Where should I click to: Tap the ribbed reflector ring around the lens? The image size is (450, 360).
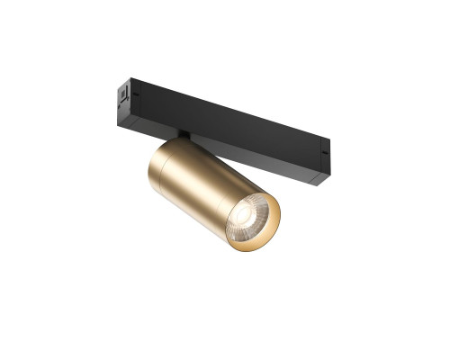253,210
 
